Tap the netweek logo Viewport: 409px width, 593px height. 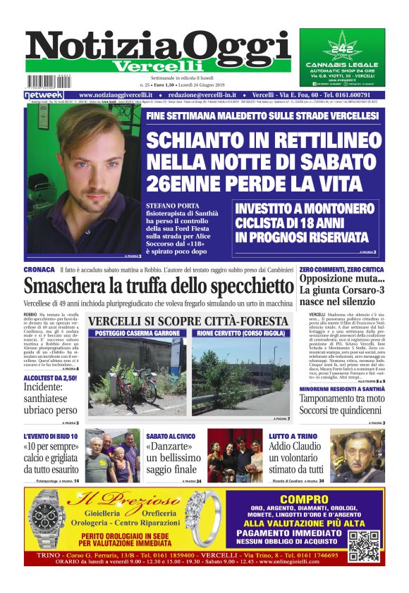tap(44, 95)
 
